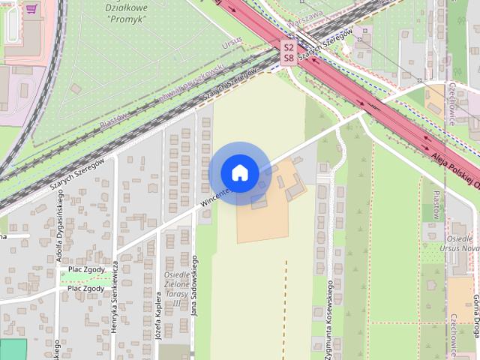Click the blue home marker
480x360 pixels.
coord(240,173)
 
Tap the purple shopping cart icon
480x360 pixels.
coord(31,9)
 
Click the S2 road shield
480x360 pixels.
coord(289,46)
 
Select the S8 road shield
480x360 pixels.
coord(289,57)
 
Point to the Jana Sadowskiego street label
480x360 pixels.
coord(193,289)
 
